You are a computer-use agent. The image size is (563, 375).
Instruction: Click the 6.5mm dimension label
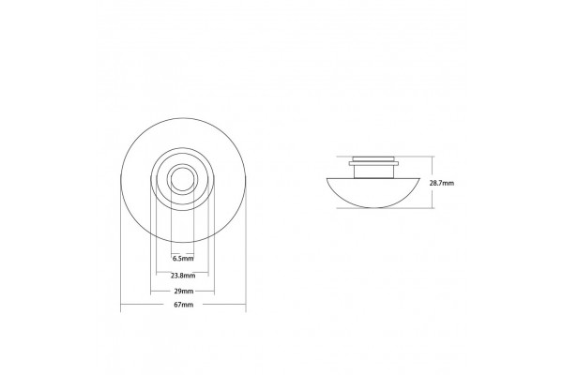[x=183, y=258]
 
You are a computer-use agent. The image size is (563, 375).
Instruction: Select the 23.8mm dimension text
[x=183, y=276]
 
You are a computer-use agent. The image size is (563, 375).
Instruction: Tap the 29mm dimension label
[x=183, y=291]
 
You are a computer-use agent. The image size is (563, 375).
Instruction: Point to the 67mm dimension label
[x=184, y=305]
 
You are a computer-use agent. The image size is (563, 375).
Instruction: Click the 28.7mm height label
[x=442, y=183]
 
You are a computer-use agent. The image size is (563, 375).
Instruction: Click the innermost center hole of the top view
[x=182, y=179]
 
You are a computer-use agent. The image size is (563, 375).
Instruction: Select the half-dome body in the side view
[x=373, y=192]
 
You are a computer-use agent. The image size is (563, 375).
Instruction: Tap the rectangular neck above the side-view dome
[x=373, y=172]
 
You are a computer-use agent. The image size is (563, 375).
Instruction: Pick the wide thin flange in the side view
[x=373, y=164]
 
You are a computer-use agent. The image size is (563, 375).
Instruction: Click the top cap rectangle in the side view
[x=373, y=159]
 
